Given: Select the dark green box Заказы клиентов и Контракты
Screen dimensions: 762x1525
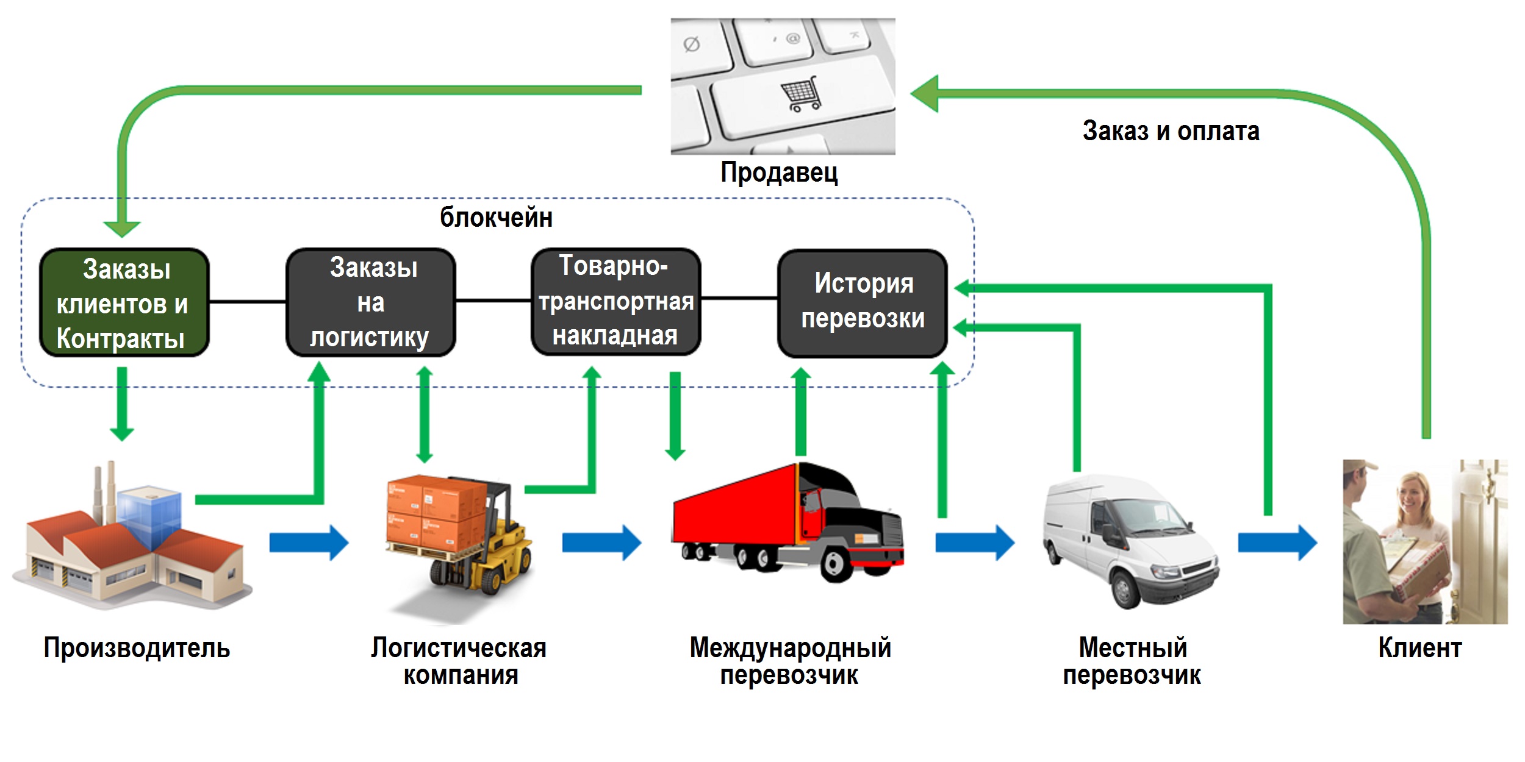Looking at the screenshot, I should pos(124,303).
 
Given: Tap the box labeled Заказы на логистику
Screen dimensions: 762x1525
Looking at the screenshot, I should pos(371,302).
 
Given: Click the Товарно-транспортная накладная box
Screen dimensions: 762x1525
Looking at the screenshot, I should pos(615,301).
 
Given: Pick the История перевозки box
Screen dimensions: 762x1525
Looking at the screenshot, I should pos(862,302).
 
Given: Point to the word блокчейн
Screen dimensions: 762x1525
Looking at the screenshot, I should pos(496,218).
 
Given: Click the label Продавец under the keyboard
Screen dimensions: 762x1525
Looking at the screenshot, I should pos(779,173).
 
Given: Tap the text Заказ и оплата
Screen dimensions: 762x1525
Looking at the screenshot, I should pos(1171,132).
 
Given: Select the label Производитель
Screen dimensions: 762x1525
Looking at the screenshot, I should pos(137,648).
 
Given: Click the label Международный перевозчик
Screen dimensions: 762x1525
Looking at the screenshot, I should pos(790,661).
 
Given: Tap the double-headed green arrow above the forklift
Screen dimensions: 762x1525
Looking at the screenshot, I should pos(425,415).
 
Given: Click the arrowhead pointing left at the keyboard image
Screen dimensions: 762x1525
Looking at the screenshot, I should pos(925,94).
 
